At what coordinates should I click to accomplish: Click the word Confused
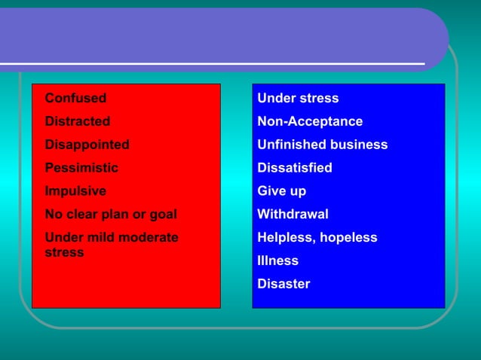point(75,98)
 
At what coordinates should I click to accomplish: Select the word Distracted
point(78,121)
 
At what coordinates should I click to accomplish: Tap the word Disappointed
point(87,145)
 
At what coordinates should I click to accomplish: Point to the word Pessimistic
point(81,168)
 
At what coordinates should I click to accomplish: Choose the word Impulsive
point(75,191)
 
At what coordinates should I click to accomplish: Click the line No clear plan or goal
point(110,215)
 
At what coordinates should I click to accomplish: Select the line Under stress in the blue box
point(298,98)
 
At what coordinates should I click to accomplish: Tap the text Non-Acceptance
point(310,121)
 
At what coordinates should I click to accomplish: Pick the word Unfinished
point(289,145)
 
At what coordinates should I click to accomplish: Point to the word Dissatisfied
point(295,168)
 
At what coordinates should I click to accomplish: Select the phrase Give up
point(282,191)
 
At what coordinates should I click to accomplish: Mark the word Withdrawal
point(293,215)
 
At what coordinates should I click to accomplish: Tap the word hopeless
point(349,238)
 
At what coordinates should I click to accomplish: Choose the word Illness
point(277,261)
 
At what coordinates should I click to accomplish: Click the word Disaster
point(283,285)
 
